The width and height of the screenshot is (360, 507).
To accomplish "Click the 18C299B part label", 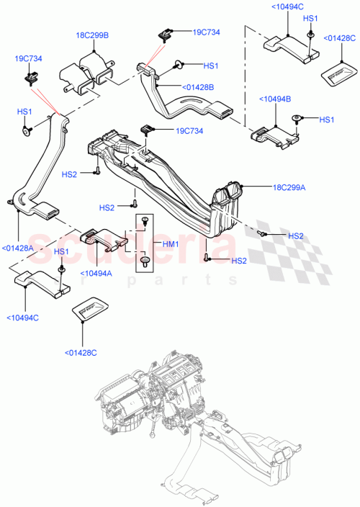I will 93,35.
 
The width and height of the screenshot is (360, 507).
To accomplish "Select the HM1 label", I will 170,245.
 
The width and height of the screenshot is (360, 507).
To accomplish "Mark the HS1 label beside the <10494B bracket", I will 326,120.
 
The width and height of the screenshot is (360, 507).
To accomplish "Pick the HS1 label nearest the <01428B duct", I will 210,66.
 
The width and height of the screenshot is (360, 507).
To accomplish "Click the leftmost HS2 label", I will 69,174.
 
